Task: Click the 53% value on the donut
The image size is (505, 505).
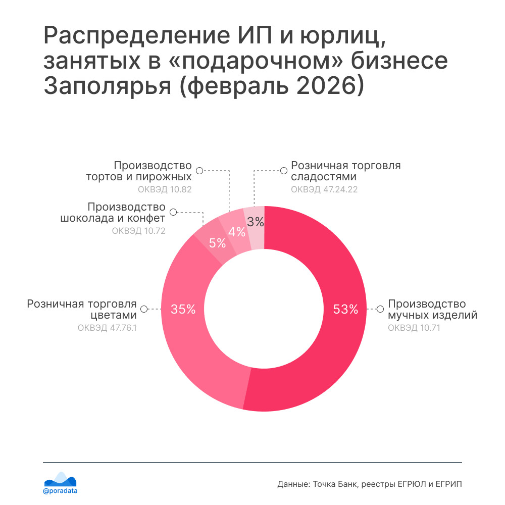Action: [345, 309]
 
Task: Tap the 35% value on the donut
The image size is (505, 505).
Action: [183, 309]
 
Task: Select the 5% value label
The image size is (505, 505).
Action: [217, 243]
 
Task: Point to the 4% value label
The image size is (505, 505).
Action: [237, 232]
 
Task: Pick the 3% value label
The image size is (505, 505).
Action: [256, 221]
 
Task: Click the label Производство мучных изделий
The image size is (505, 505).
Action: [432, 310]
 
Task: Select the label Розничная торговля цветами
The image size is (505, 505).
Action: [82, 310]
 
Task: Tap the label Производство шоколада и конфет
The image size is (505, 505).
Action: [113, 213]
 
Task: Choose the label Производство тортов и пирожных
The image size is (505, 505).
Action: [139, 171]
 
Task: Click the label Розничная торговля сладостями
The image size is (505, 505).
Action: [345, 171]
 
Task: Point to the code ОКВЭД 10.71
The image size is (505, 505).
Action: [408, 328]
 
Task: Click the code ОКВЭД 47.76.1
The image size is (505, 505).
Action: [107, 328]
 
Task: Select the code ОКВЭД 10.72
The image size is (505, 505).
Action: [138, 231]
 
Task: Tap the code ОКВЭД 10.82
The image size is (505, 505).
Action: [165, 189]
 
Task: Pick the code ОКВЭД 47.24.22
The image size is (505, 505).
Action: [324, 189]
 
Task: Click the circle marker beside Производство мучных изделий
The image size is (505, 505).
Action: [381, 309]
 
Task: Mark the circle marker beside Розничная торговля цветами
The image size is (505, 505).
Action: [144, 309]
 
